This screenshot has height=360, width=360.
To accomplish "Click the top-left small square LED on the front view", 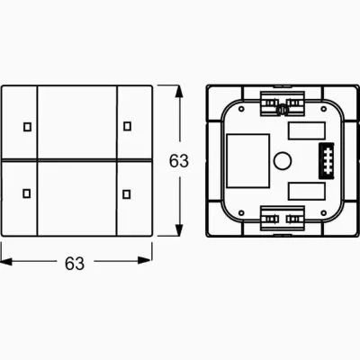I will coord(25,124).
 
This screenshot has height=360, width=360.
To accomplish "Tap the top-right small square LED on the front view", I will coord(127,124).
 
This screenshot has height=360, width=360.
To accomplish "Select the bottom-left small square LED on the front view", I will coord(25,192).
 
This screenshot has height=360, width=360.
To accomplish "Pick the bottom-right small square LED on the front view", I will coord(127,192).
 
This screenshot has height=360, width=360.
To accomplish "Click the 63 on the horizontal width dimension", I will coord(75,263).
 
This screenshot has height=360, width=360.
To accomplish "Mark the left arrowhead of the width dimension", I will coord(6,263).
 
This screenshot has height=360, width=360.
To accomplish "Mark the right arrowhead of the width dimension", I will coord(147,263).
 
